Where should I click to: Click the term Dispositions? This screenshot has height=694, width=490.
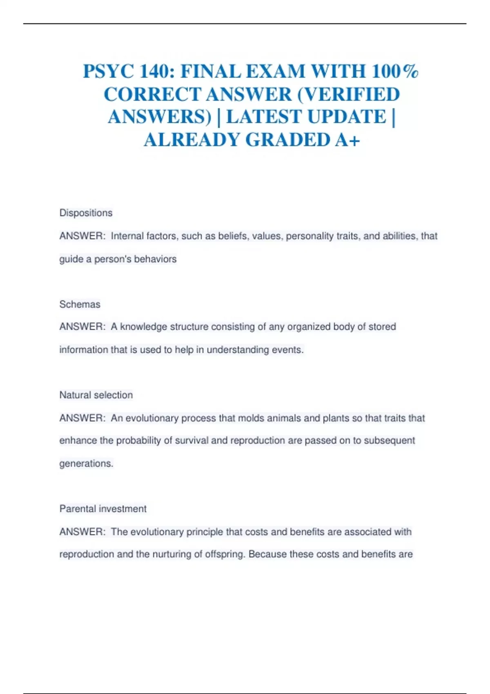coord(86,213)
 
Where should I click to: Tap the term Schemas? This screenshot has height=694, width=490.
coord(80,304)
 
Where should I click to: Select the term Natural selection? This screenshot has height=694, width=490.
coord(96,395)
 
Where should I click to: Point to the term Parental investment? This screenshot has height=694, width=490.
coord(103,509)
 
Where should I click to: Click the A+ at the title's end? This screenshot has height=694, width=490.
coord(347,140)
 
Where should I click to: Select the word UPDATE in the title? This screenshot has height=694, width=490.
coord(346,117)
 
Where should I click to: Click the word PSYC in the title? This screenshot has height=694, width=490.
coord(109,71)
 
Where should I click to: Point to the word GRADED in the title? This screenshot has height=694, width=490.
coord(287,140)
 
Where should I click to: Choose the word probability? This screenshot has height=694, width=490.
coord(138,440)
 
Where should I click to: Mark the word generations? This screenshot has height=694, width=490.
coord(86,463)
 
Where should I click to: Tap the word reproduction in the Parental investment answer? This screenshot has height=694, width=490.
coord(87,554)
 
